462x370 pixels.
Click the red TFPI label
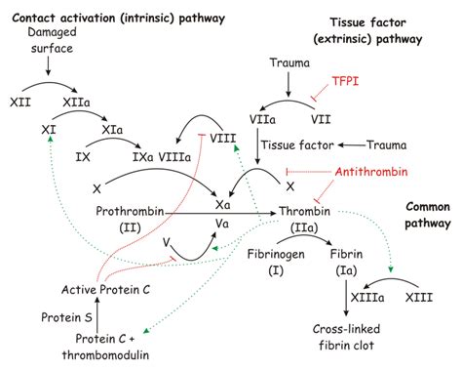[346, 84]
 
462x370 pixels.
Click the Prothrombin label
[130, 211]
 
